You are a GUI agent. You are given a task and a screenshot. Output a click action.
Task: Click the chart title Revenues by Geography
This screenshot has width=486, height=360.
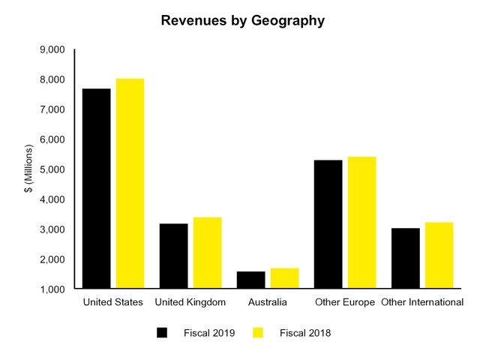[243, 21]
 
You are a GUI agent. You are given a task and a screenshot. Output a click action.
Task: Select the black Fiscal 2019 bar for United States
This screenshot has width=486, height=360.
[96, 188]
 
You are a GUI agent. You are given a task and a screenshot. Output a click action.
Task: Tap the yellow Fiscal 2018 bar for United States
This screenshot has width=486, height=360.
[130, 183]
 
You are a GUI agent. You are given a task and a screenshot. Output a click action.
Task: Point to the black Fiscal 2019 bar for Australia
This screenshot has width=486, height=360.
[250, 280]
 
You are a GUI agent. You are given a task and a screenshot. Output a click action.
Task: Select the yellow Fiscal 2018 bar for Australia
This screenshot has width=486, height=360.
[284, 278]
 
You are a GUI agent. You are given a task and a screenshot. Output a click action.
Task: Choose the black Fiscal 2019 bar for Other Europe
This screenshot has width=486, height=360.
[328, 224]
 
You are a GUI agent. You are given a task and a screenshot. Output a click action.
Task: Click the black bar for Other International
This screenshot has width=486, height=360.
[405, 258]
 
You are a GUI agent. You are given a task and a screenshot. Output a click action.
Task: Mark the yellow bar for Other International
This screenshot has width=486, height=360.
[439, 255]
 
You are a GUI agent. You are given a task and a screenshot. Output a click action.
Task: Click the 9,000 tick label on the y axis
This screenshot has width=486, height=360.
[52, 50]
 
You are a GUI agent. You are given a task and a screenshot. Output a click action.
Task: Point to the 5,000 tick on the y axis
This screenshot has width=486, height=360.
[52, 169]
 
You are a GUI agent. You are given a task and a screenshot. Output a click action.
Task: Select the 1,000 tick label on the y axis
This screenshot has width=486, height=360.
[52, 289]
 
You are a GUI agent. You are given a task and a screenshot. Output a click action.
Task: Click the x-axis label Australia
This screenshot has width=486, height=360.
[267, 302]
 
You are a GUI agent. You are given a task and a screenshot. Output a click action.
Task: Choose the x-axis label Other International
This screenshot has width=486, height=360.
[422, 302]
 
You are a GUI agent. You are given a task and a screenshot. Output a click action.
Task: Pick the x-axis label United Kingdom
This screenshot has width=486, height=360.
[190, 302]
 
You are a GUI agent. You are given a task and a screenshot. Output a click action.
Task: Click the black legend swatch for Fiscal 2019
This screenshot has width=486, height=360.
[162, 332]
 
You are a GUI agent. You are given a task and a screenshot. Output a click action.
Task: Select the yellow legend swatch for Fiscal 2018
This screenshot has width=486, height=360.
[258, 332]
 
